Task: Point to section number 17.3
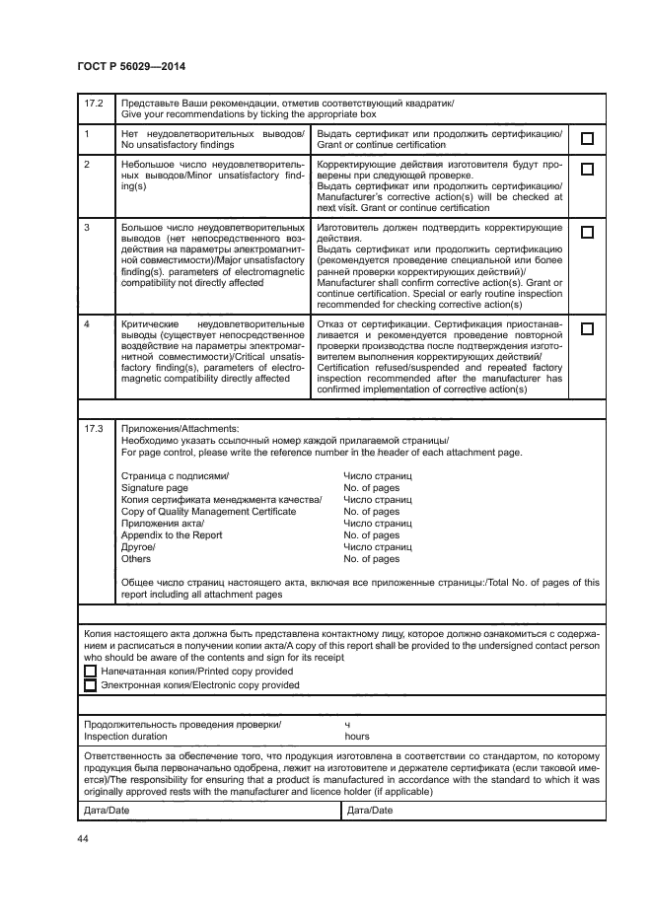coord(93,429)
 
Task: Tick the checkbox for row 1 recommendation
coord(587,139)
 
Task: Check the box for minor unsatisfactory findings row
coord(587,169)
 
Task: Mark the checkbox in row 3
coord(587,233)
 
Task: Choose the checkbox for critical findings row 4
coord(587,328)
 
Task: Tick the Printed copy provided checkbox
coord(91,671)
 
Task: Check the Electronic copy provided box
coord(91,685)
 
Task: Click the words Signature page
coord(154,488)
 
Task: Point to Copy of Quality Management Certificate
coord(208,512)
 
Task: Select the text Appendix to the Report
coord(171,535)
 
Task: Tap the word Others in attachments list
coord(136,559)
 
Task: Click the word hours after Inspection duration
coord(357,736)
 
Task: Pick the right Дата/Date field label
coord(370,811)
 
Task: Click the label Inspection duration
coord(125,736)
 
